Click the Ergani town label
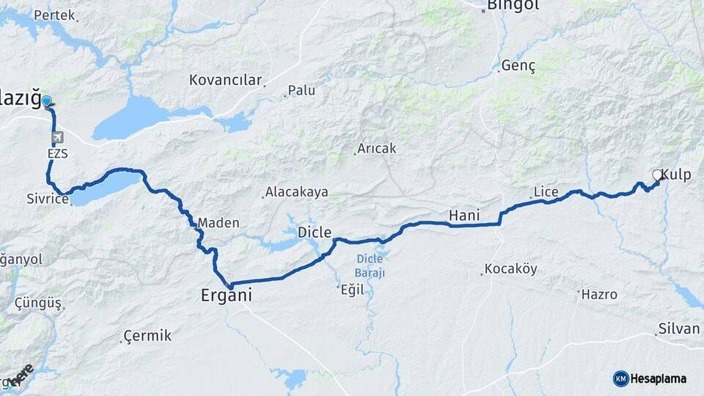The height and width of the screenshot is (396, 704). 227,296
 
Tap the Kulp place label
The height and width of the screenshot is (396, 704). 675,175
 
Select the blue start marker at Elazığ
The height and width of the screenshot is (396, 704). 47,102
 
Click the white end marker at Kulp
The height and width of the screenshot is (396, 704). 657,175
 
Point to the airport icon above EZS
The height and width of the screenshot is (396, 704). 57,137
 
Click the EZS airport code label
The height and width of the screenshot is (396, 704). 57,154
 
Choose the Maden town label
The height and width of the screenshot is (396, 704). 219,222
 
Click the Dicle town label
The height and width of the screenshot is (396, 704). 315,232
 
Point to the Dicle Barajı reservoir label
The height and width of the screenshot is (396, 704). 370,265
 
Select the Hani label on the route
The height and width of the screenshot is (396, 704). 463,215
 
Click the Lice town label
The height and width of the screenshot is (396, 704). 546,192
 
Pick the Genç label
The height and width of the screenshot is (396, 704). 518,66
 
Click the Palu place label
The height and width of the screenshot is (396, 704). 301,90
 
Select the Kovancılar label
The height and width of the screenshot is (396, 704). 225,80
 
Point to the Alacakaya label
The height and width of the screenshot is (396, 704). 296,192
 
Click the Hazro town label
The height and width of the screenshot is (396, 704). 599,294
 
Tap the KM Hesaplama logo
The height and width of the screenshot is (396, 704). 650,378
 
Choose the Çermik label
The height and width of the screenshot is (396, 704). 147,336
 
